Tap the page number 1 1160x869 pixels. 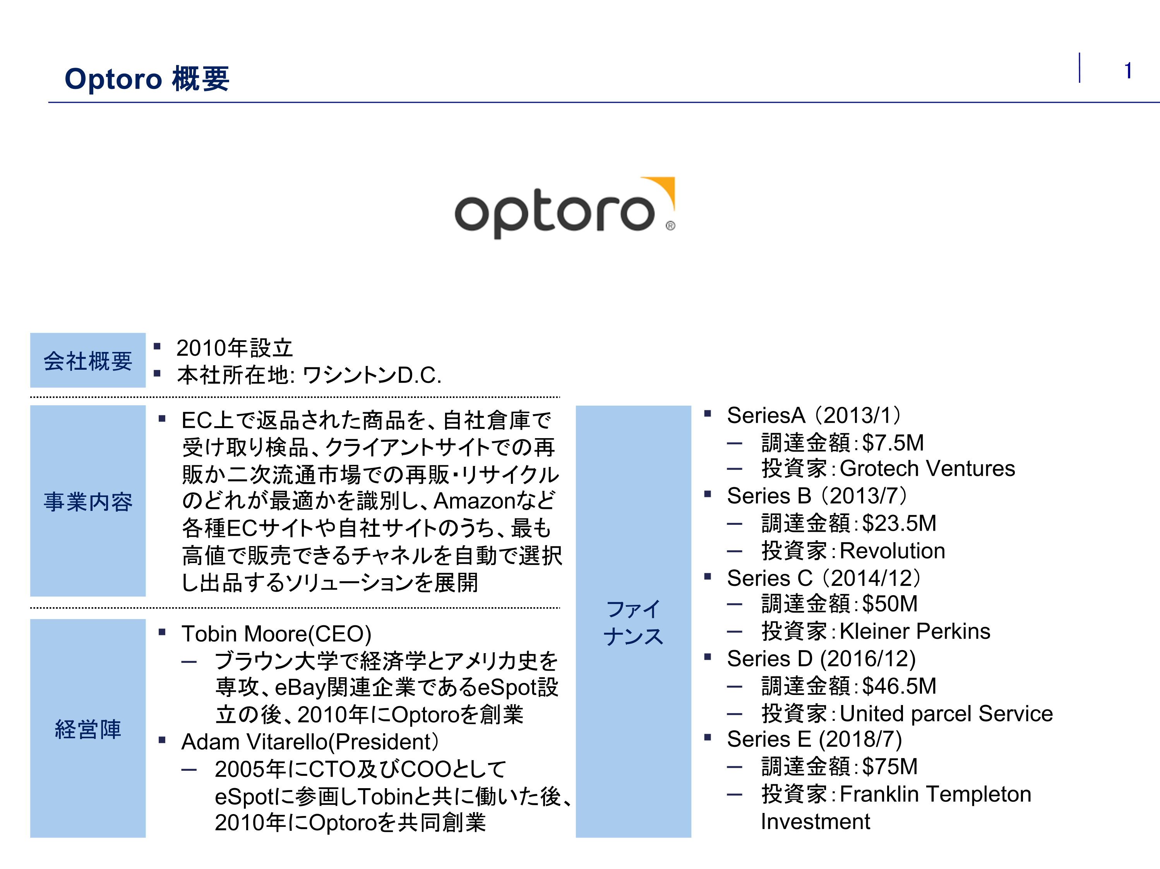(x=1127, y=71)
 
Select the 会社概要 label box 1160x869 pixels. (x=87, y=360)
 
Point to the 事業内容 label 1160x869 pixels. (x=87, y=502)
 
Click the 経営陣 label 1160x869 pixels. (x=87, y=729)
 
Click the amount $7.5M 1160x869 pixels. (x=893, y=443)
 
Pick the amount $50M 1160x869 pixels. (x=889, y=604)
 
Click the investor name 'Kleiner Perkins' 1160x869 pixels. (x=915, y=631)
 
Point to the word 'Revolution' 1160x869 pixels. (x=892, y=551)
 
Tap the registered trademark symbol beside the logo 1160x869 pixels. (x=670, y=226)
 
